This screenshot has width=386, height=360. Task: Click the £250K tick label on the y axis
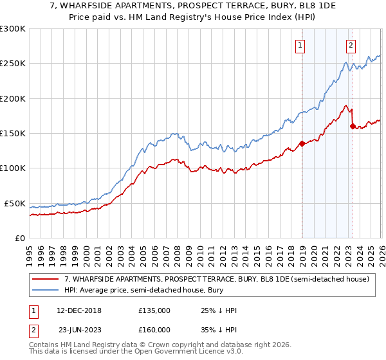pos(13,64)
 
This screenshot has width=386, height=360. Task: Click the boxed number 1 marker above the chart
pos(300,46)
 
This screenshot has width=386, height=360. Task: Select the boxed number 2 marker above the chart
pos(351,46)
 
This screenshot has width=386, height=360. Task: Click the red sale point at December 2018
pos(302,144)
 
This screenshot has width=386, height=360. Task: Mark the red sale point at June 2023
pos(353,126)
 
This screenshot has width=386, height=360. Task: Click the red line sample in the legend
pos(46,279)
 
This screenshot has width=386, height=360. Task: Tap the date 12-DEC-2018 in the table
pos(78,310)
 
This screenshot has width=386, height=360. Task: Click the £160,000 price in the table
pos(154,329)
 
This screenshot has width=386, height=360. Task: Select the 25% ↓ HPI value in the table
pos(219,310)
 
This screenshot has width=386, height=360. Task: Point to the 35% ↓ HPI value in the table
pos(219,329)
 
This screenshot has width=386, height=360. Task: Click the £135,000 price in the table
pos(154,310)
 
